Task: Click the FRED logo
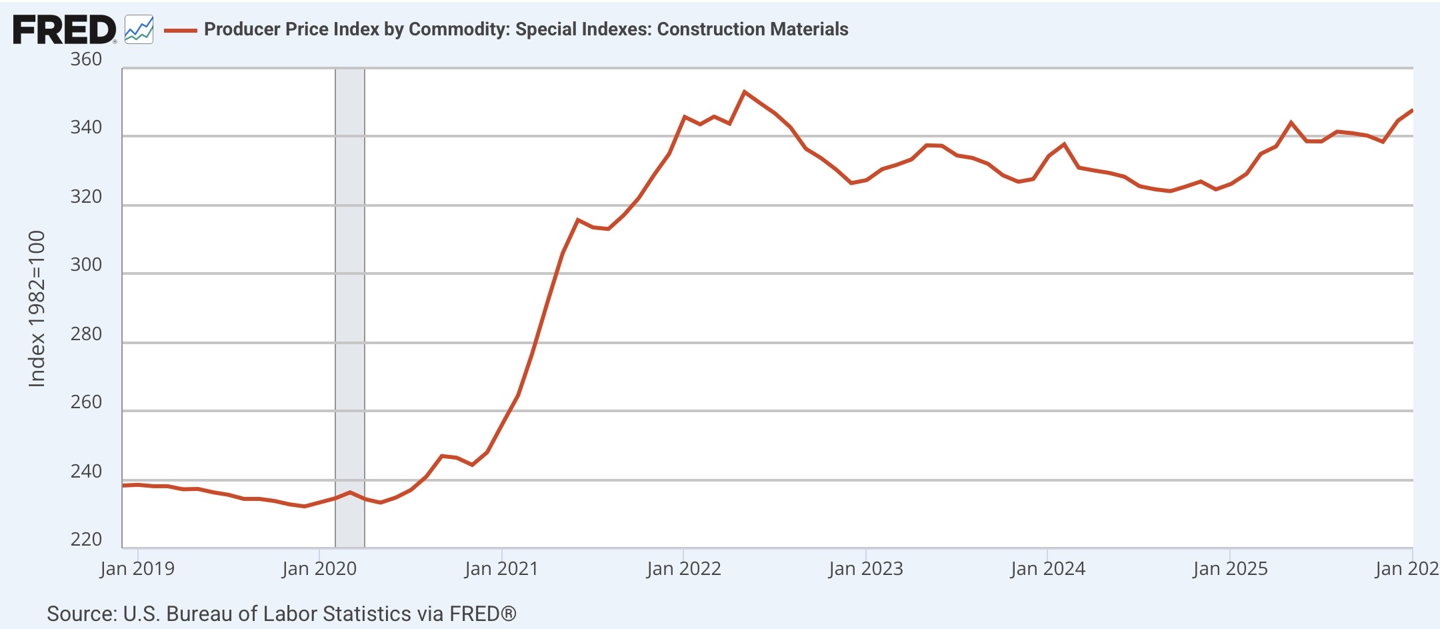point(64,30)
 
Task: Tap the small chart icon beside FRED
point(139,30)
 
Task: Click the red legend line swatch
point(181,30)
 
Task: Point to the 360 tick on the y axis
point(86,59)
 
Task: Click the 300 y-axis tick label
point(86,265)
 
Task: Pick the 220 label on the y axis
point(86,539)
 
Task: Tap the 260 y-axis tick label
point(86,402)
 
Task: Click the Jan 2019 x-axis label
point(137,568)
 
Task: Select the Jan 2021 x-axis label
point(501,568)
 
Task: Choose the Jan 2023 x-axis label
point(865,568)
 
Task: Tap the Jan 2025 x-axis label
point(1230,568)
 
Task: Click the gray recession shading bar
point(350,307)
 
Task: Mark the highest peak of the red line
point(745,91)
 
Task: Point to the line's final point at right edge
point(1412,111)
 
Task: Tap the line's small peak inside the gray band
point(350,492)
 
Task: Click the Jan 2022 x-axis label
point(683,568)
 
